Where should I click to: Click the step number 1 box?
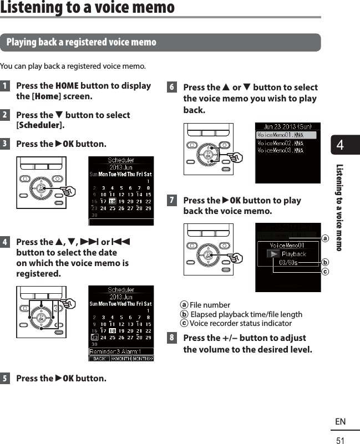(x=4, y=86)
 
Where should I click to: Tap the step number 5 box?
(x=4, y=379)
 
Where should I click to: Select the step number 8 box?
(x=172, y=338)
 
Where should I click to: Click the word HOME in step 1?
(x=67, y=86)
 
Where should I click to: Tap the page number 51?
(x=340, y=439)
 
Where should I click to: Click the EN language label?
(x=340, y=422)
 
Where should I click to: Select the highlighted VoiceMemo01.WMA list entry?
(x=286, y=135)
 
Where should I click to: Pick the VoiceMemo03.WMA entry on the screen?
(x=281, y=150)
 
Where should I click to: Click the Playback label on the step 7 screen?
(x=293, y=254)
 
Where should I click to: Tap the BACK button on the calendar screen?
(x=99, y=359)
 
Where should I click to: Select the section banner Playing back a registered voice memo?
(x=81, y=43)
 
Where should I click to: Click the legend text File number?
(x=210, y=305)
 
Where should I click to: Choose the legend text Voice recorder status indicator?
(x=241, y=323)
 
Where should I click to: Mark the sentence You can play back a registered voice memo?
(x=73, y=67)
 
